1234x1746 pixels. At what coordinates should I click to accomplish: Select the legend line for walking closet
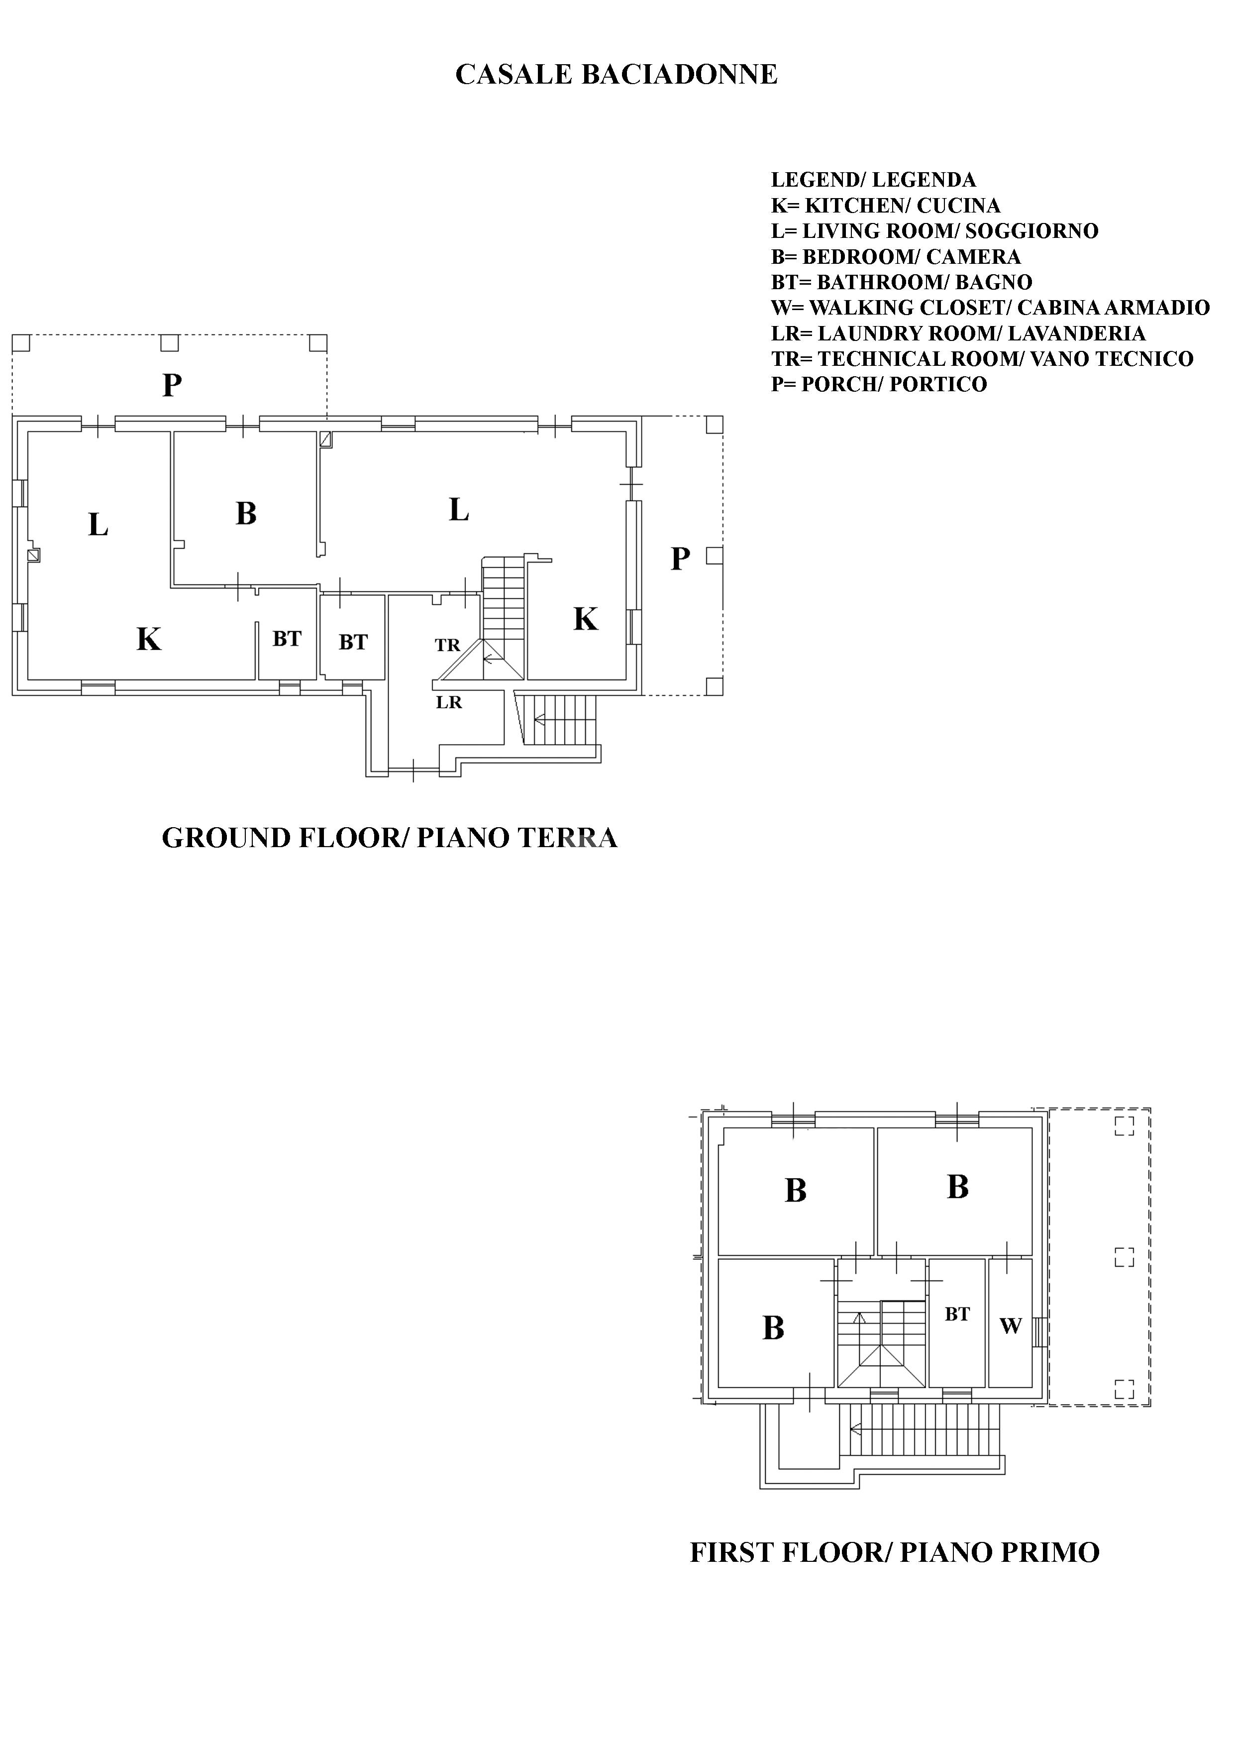(990, 308)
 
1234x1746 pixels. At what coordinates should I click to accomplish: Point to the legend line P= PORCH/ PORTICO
(879, 384)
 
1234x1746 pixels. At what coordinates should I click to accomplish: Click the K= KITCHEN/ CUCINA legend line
(885, 206)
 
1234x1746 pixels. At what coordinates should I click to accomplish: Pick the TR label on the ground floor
(448, 645)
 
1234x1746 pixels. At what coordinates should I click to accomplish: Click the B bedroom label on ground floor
(246, 514)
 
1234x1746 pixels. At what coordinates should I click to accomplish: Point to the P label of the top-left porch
(172, 386)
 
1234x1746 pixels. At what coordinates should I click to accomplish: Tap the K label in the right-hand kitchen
(586, 620)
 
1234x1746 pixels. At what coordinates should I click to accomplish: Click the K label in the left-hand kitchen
(149, 640)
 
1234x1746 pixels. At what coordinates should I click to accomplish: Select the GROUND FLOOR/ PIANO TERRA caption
(389, 838)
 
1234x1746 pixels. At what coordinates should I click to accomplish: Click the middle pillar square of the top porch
(170, 343)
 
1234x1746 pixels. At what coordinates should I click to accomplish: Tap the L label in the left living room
(98, 525)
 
